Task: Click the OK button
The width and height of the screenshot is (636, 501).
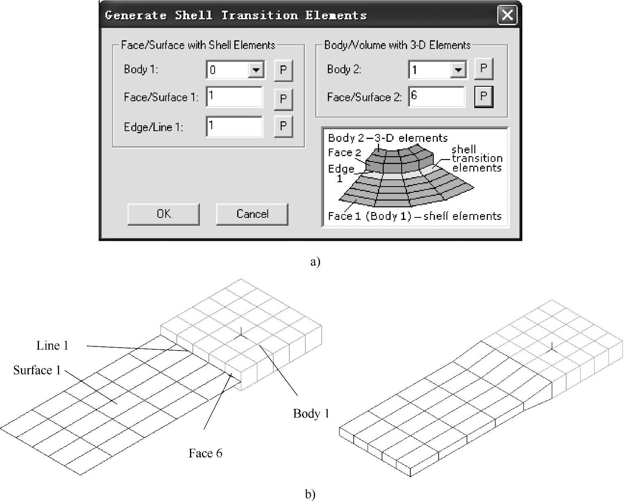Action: point(163,214)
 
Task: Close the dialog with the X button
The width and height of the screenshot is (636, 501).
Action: point(507,15)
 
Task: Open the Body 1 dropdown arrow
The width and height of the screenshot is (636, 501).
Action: point(256,70)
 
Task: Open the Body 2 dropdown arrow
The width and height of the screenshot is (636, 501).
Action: point(458,69)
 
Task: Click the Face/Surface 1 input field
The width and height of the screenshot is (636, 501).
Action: point(234,97)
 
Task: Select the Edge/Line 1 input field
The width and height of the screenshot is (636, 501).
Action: point(234,127)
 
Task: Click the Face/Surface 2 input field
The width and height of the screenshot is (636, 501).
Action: point(437,97)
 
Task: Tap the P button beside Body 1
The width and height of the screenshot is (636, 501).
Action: point(283,70)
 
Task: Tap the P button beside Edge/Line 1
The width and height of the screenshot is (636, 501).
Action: point(283,126)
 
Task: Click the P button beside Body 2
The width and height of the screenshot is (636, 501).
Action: point(483,68)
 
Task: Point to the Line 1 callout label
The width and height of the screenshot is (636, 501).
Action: point(52,346)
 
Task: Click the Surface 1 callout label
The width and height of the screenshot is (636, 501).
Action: point(37,370)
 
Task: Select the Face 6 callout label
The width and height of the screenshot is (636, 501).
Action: point(205,453)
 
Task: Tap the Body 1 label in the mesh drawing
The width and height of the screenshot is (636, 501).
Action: point(311,413)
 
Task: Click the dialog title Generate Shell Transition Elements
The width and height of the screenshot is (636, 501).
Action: point(236,16)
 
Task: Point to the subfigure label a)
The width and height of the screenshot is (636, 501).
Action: point(315,262)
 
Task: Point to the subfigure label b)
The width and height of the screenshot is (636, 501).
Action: point(310,494)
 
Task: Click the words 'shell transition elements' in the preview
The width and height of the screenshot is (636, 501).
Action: point(477,159)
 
